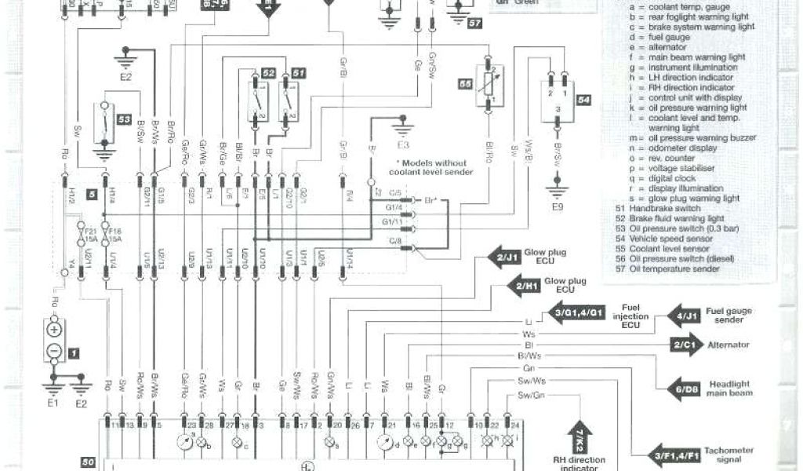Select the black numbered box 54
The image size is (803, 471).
pyautogui.click(x=583, y=100)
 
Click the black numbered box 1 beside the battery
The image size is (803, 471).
pyautogui.click(x=74, y=354)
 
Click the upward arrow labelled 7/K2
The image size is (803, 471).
pyautogui.click(x=580, y=433)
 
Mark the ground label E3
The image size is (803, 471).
pyautogui.click(x=403, y=146)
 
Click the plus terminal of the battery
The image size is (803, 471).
pyautogui.click(x=55, y=327)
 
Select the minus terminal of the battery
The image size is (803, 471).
pyautogui.click(x=55, y=351)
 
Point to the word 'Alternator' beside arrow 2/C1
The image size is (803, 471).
pyautogui.click(x=729, y=344)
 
